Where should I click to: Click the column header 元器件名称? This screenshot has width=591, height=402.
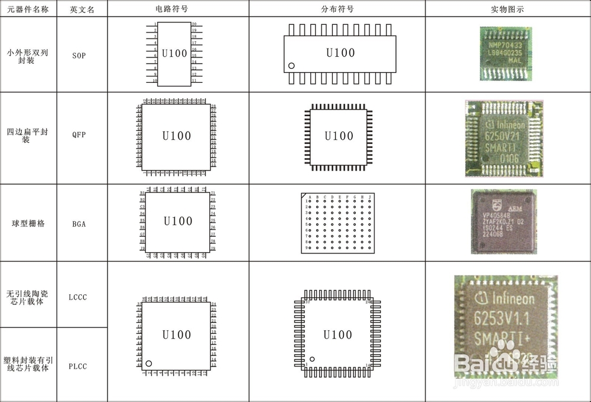click(x=28, y=9)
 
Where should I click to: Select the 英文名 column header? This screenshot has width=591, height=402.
click(x=82, y=9)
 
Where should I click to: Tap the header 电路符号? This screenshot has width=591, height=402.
click(x=177, y=9)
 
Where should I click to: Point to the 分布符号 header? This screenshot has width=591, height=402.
click(x=337, y=9)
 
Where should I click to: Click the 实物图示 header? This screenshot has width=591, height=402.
click(x=507, y=9)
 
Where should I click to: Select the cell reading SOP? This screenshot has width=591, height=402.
click(x=79, y=55)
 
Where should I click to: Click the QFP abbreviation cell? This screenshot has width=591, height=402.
click(x=79, y=134)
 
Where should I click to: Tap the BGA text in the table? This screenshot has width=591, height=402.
click(x=79, y=224)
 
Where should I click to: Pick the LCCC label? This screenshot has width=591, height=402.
click(x=77, y=297)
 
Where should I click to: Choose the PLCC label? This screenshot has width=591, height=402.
click(x=77, y=366)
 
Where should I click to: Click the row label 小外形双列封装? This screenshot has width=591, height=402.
click(x=28, y=56)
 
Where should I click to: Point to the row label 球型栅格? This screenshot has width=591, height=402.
click(x=28, y=224)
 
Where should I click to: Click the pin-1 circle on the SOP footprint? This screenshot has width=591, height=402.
click(x=291, y=66)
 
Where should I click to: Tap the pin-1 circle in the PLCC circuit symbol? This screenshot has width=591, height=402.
click(x=148, y=364)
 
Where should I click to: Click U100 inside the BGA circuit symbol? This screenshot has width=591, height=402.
click(x=178, y=221)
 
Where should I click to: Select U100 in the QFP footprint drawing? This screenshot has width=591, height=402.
click(x=339, y=136)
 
